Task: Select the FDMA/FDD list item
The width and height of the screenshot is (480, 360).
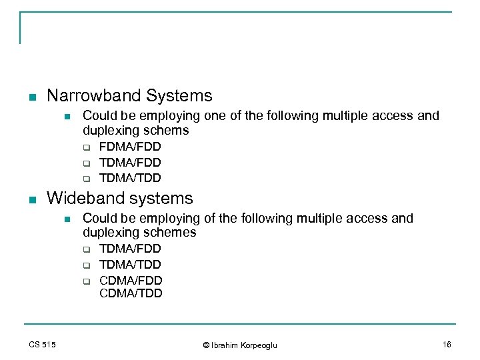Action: tap(130, 147)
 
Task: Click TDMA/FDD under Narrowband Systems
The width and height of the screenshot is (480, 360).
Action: tap(130, 163)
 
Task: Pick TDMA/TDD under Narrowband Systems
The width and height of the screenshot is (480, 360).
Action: tap(130, 178)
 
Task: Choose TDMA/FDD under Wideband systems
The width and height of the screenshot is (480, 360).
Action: tap(130, 249)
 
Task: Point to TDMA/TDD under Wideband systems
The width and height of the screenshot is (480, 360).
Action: tap(130, 265)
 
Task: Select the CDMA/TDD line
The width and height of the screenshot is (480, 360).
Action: tap(131, 293)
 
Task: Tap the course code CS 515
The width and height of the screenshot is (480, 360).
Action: tap(42, 344)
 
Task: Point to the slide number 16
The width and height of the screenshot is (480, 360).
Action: tap(446, 344)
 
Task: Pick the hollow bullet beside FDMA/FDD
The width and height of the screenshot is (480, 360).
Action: tap(86, 147)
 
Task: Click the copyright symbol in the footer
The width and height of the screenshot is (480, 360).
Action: tap(206, 345)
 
